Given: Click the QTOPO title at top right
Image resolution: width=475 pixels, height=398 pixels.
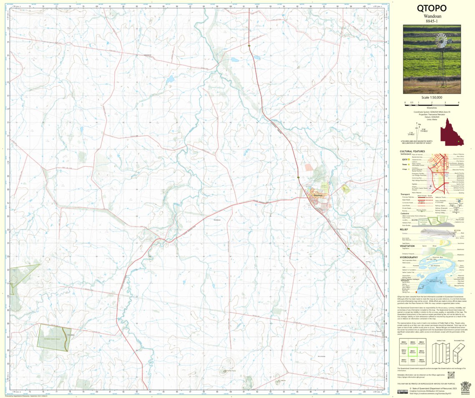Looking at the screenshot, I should click(x=432, y=8).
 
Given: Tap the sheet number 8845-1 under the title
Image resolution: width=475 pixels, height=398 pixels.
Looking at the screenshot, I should click(x=432, y=21).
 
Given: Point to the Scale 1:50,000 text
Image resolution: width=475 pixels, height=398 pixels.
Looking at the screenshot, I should click(x=432, y=98).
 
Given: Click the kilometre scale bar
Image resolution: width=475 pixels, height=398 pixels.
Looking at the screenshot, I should click(x=432, y=102).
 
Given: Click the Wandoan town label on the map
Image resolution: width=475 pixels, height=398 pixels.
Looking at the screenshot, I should click(x=318, y=195).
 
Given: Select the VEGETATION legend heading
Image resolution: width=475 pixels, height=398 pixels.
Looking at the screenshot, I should click(x=410, y=246).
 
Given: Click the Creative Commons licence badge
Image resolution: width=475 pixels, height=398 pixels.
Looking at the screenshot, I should click(x=402, y=391).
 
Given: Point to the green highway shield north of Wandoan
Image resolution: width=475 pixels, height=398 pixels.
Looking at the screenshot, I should click(x=249, y=45).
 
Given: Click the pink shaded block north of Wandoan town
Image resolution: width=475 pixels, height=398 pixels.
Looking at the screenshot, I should click(x=308, y=167).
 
